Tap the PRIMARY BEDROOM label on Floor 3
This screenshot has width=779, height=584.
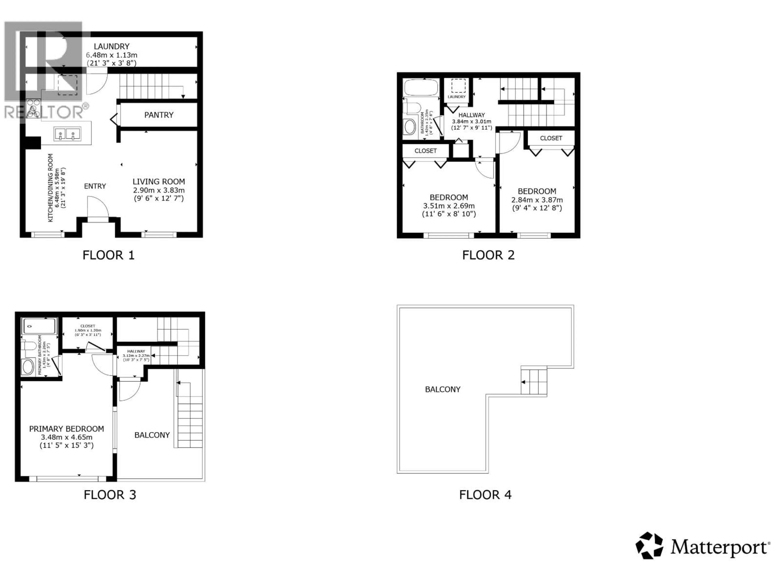67,429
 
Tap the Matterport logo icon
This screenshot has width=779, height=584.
649,546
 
